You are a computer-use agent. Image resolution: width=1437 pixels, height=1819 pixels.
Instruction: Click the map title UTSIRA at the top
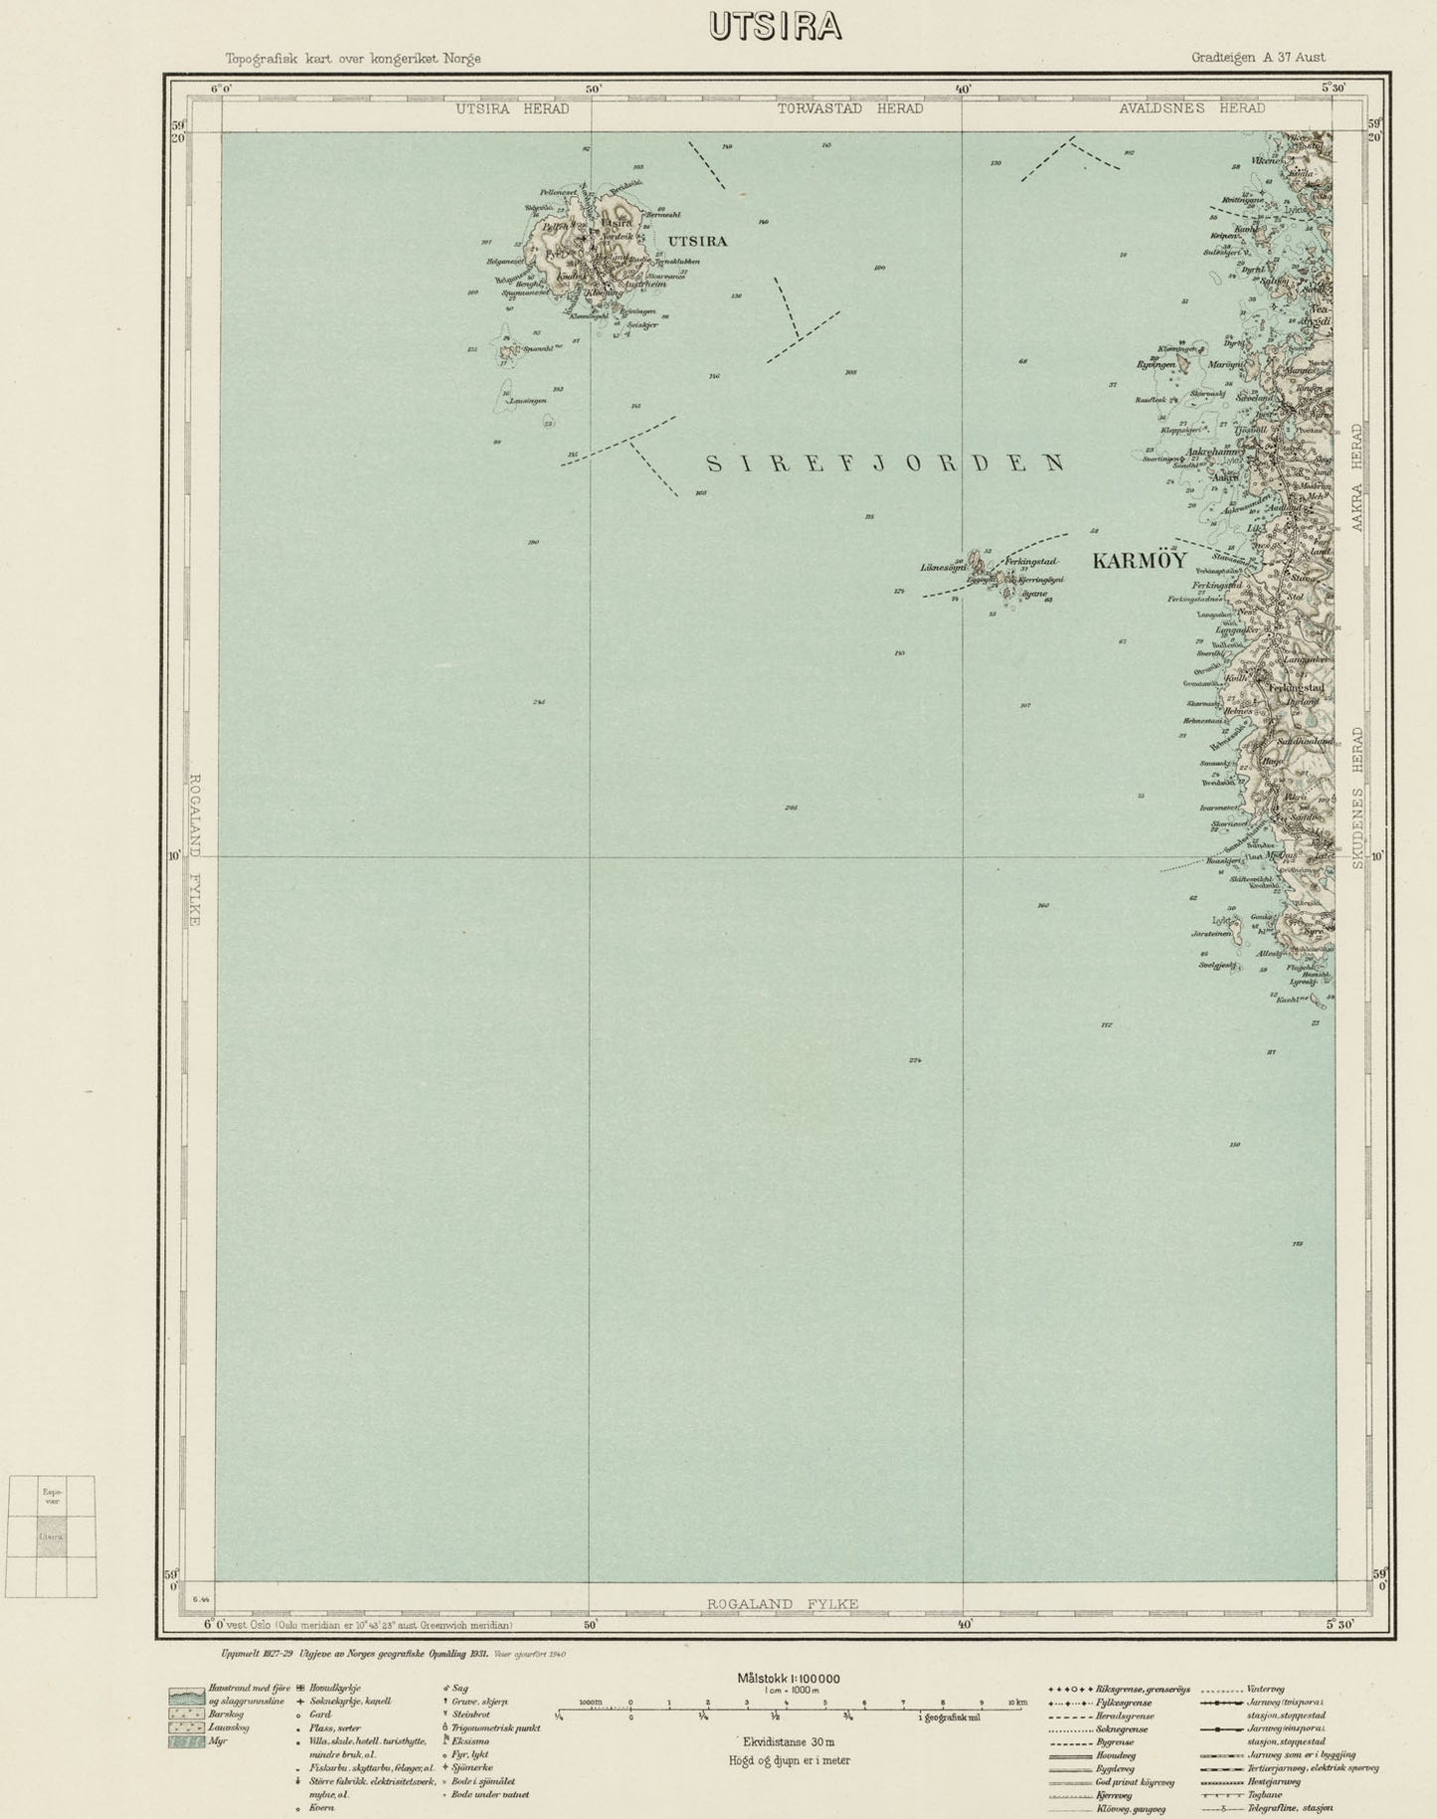coord(775,27)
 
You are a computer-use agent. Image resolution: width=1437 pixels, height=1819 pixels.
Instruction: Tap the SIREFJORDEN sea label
coord(884,463)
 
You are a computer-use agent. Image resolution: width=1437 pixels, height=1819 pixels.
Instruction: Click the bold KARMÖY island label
coord(1139,561)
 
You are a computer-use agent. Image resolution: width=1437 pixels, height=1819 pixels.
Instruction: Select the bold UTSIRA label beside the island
coord(697,241)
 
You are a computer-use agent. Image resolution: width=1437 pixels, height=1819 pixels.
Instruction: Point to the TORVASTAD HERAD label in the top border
coord(849,108)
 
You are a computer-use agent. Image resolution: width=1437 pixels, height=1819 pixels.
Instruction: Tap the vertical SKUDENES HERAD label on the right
coord(1358,799)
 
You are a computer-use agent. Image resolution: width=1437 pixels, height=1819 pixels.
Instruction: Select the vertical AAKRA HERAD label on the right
coord(1358,477)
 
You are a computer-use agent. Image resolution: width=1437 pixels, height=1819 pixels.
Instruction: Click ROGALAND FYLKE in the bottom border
coord(782,1603)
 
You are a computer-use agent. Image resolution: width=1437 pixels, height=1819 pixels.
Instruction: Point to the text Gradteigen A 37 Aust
coord(1258,58)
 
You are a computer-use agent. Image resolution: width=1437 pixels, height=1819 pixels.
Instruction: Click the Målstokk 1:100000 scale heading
coord(788,1679)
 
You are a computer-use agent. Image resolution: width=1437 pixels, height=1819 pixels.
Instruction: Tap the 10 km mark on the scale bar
coord(1016,1703)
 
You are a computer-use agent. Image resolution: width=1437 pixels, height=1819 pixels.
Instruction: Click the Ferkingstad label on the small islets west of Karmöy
coord(1030,562)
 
